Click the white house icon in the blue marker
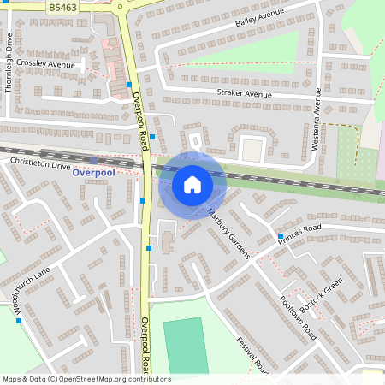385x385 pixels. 192,184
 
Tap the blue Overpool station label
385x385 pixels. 92,172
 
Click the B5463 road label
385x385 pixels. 62,7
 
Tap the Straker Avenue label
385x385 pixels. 244,93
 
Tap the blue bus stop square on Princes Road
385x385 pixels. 280,235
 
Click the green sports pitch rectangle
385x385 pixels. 186,345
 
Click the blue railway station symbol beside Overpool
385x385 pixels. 93,160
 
